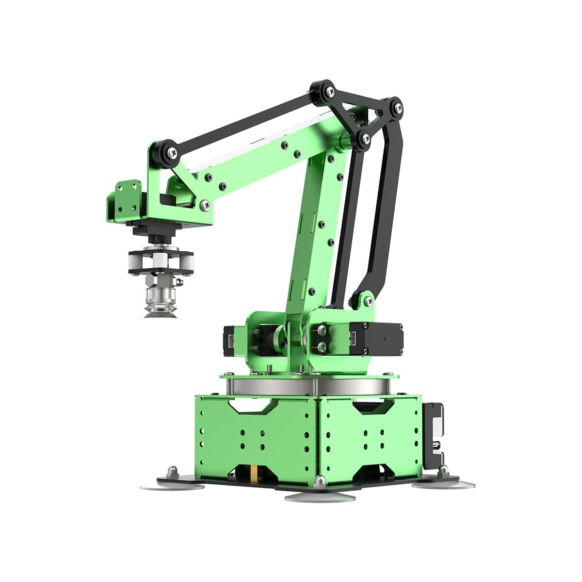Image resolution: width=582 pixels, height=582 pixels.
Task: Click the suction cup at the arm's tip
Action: coord(160,310)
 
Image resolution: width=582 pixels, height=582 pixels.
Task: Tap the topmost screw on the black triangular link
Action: coord(330,90)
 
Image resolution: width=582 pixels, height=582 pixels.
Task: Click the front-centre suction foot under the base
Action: coord(319,497)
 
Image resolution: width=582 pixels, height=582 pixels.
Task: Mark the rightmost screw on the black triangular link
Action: coord(395,108)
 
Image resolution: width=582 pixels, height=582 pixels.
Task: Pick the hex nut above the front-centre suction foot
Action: coord(319,481)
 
